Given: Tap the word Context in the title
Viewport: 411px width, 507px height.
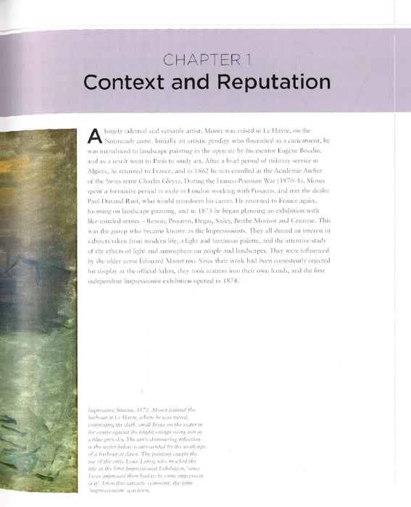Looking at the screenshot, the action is (x=128, y=82).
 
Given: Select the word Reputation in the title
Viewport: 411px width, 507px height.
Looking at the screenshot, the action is (x=265, y=82).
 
